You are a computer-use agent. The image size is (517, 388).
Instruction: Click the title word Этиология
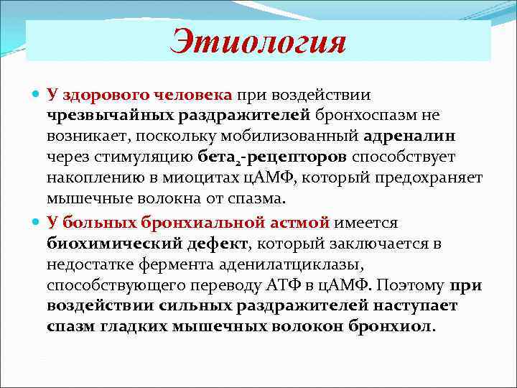[258, 41]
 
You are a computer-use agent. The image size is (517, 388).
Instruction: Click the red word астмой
[296, 222]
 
